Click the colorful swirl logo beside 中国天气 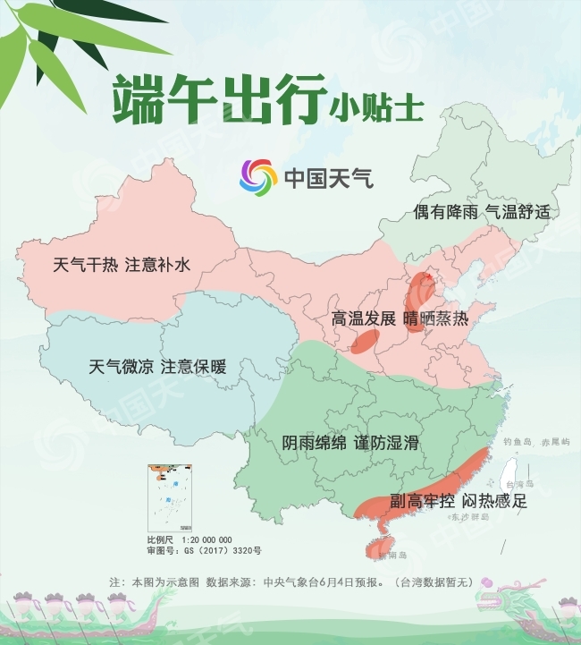point(258,177)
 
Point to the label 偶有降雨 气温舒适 point(480,212)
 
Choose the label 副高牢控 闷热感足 point(459,501)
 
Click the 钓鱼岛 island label point(518,442)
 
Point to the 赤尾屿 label point(553,442)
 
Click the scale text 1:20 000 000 point(206,539)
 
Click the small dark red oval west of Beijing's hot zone point(365,340)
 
